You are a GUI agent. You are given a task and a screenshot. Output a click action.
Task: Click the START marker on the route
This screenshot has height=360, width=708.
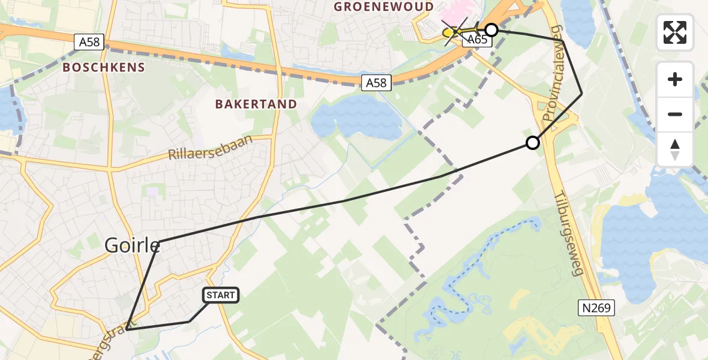(221, 295)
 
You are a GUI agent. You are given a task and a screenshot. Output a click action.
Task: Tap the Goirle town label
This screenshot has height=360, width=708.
(133, 245)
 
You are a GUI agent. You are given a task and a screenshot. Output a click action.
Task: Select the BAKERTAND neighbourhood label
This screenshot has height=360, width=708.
(256, 104)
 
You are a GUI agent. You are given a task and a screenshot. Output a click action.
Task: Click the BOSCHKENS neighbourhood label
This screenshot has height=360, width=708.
(104, 67)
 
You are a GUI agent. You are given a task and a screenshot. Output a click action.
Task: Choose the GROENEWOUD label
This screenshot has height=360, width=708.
(383, 7)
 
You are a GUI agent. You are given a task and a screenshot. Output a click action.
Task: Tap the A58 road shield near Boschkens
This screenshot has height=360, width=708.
(90, 42)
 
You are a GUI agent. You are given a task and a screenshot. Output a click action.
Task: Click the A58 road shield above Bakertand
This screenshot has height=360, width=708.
(377, 82)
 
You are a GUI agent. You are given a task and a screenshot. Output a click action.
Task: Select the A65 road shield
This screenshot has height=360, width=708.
(477, 40)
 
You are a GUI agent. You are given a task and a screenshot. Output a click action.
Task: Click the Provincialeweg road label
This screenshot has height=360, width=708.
(553, 72)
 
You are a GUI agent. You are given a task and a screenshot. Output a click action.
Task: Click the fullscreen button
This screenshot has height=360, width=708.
(675, 32)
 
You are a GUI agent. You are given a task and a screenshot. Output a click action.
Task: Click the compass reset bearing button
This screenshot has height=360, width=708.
(675, 149)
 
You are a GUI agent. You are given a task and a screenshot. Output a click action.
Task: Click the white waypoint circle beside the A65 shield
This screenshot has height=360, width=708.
(491, 30)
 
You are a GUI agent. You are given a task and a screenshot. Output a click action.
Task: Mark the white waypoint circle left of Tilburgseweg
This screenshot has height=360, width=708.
(532, 143)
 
